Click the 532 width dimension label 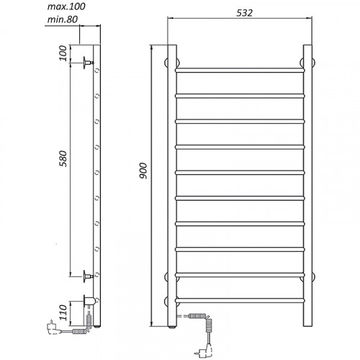[x=244, y=13]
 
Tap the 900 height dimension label [x=143, y=171]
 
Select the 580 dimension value [x=63, y=158]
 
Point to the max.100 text [x=66, y=6]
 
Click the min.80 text [x=63, y=19]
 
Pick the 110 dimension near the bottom [x=63, y=312]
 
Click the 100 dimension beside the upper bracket [x=63, y=53]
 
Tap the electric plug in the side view [x=53, y=327]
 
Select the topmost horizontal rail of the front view [x=240, y=70]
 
